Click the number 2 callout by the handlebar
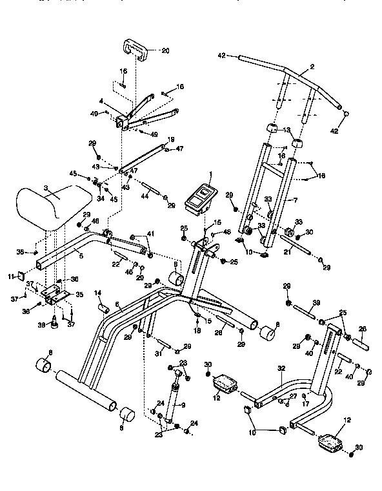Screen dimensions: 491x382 pyautogui.click(x=312, y=67)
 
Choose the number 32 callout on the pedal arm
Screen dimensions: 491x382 pyautogui.click(x=281, y=369)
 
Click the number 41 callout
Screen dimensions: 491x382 pyautogui.click(x=150, y=233)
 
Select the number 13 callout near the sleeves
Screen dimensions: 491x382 pyautogui.click(x=287, y=129)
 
